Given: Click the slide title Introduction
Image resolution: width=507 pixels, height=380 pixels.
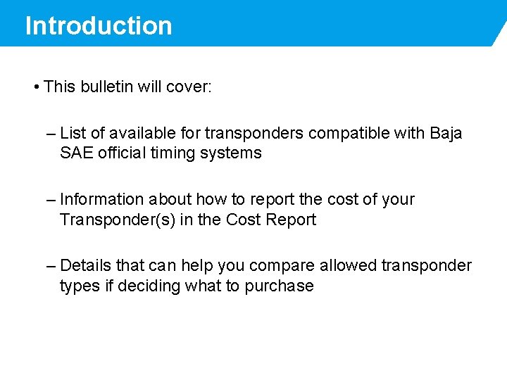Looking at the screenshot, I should tap(99, 26).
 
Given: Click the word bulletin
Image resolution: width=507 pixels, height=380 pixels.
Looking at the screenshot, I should tap(106, 87).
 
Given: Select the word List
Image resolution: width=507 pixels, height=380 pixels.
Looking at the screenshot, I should tap(73, 133).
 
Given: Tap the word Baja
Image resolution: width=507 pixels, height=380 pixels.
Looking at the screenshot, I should tap(446, 133).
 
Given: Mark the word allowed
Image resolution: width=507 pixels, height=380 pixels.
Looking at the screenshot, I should tap(348, 265).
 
